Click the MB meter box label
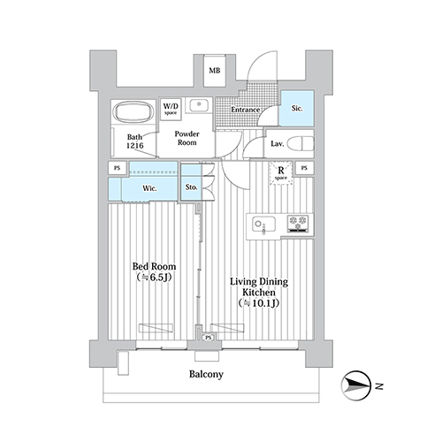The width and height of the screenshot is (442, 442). click(x=215, y=71)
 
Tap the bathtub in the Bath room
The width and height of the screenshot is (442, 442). click(x=133, y=112)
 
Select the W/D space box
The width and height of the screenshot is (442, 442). click(x=171, y=109)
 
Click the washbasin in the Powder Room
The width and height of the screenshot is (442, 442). click(x=199, y=105)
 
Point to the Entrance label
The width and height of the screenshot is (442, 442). click(x=245, y=110)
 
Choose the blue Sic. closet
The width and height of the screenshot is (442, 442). click(x=296, y=109)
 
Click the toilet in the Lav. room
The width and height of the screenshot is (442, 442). click(x=301, y=143)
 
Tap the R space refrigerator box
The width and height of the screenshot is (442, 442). click(x=281, y=173)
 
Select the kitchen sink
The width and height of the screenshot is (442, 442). click(x=263, y=225)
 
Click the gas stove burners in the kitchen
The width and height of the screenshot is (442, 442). click(x=298, y=223)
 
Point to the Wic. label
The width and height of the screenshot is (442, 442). click(x=149, y=188)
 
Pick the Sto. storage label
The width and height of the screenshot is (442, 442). click(x=191, y=187)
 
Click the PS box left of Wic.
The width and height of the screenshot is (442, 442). click(x=118, y=168)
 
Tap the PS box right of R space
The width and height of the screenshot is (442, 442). click(x=304, y=168)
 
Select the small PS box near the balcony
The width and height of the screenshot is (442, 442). click(x=209, y=338)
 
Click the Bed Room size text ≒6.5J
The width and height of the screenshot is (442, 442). click(x=154, y=278)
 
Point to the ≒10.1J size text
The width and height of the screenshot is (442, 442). click(x=259, y=303)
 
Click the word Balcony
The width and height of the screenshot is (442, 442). click(x=206, y=374)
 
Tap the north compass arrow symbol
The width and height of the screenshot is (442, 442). click(x=356, y=385)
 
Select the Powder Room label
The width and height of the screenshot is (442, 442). click(x=187, y=138)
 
